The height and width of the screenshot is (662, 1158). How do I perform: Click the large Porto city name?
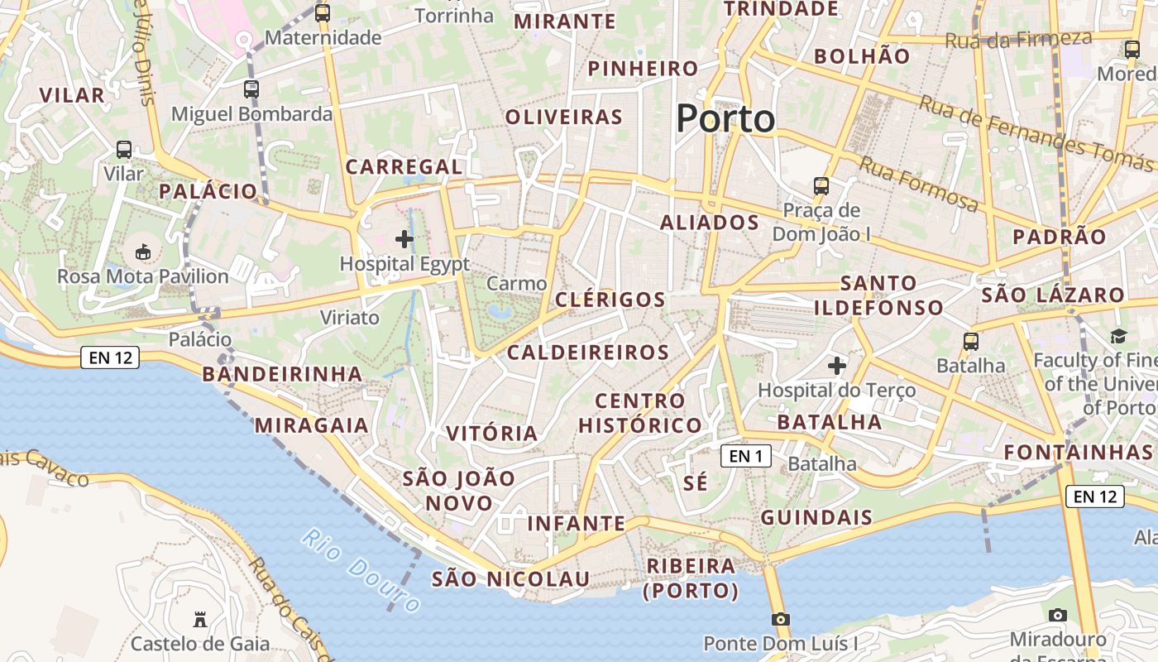(x=725, y=118)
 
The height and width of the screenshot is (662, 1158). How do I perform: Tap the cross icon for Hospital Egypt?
(x=404, y=240)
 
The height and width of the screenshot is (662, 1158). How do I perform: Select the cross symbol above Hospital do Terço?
(x=837, y=365)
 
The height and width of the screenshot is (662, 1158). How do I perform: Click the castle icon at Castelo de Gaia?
(x=199, y=619)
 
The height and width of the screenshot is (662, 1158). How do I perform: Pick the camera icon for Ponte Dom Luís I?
(x=780, y=619)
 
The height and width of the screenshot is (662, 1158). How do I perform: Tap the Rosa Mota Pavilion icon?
(x=142, y=251)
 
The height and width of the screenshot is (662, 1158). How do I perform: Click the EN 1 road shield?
(x=745, y=455)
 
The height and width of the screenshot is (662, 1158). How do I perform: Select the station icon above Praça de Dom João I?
(x=821, y=185)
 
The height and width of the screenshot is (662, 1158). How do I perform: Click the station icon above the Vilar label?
(x=124, y=150)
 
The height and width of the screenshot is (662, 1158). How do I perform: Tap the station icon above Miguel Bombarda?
(x=251, y=89)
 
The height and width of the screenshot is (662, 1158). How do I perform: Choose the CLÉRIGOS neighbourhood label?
(x=610, y=300)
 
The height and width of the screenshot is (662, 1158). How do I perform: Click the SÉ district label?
(x=696, y=483)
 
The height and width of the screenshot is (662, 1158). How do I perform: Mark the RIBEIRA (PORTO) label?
(x=691, y=578)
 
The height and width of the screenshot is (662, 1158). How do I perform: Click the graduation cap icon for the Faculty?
(x=1118, y=336)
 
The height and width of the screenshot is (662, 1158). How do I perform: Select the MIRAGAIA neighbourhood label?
(x=311, y=425)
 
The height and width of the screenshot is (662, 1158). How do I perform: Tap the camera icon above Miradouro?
(x=1057, y=615)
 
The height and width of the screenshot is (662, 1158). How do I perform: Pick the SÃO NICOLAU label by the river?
(x=510, y=578)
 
